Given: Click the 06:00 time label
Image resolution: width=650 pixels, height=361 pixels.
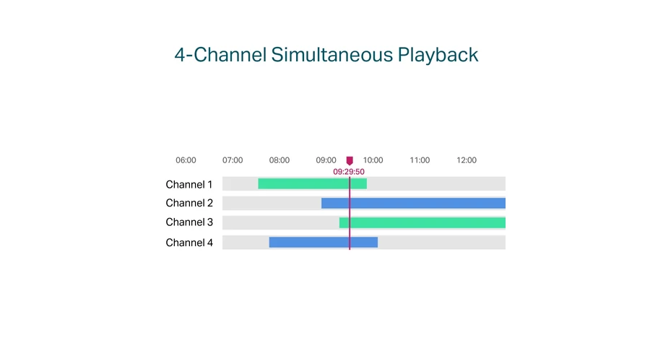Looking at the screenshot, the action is (186, 160).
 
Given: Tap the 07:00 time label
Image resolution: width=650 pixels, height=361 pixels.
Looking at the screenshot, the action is (233, 160).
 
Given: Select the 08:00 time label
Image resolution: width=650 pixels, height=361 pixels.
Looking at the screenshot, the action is (279, 160).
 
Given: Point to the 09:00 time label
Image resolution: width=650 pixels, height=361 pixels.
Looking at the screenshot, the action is (326, 160).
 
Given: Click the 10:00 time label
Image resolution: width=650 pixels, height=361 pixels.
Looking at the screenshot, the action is (373, 160).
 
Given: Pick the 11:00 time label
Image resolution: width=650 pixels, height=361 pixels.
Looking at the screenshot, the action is (420, 160).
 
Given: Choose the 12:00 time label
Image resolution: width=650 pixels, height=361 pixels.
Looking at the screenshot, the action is (467, 160).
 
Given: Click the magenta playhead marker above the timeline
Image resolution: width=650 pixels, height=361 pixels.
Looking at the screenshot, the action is (350, 161).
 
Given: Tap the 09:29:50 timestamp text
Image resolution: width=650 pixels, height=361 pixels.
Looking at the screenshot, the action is (349, 172).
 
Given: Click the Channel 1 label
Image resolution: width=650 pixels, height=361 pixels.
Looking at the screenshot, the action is (189, 184).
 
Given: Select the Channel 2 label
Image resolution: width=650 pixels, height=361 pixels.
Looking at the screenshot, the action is (189, 203).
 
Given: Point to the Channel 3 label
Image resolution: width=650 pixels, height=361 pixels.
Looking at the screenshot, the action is (189, 222).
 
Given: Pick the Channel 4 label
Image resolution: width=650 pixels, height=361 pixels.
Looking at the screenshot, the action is (189, 243).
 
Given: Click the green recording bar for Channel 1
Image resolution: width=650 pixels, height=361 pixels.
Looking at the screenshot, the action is (313, 183).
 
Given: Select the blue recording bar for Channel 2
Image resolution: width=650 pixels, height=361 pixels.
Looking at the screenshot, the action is (413, 203).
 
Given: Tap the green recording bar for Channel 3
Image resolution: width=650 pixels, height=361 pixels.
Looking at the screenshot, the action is (422, 222).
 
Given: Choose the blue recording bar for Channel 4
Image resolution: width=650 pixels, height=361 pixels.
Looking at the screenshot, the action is (324, 243).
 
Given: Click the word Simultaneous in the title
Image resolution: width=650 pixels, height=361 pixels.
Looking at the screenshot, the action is (331, 55).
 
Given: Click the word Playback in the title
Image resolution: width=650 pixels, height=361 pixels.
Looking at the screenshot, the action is (438, 55).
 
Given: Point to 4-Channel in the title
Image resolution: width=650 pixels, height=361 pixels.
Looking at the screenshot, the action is (220, 55).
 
